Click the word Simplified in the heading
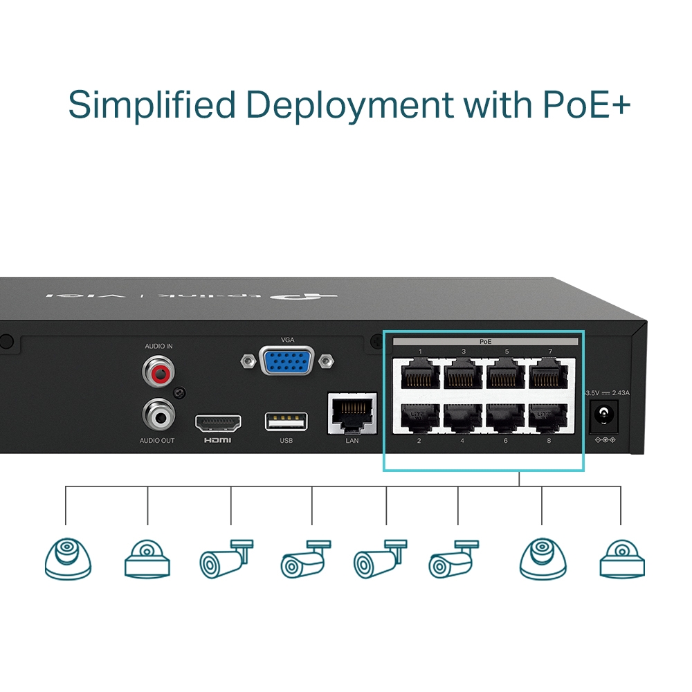[152, 105]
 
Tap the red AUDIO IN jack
[159, 371]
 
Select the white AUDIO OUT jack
[159, 415]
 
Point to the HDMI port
[218, 422]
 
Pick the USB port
[286, 422]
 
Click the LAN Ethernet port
[352, 413]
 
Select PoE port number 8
[548, 417]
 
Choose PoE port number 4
[462, 417]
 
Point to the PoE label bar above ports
[485, 342]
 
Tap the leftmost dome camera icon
[68, 558]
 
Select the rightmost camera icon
[623, 558]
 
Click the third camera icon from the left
[226, 558]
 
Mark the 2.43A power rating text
[620, 393]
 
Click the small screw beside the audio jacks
[179, 393]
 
